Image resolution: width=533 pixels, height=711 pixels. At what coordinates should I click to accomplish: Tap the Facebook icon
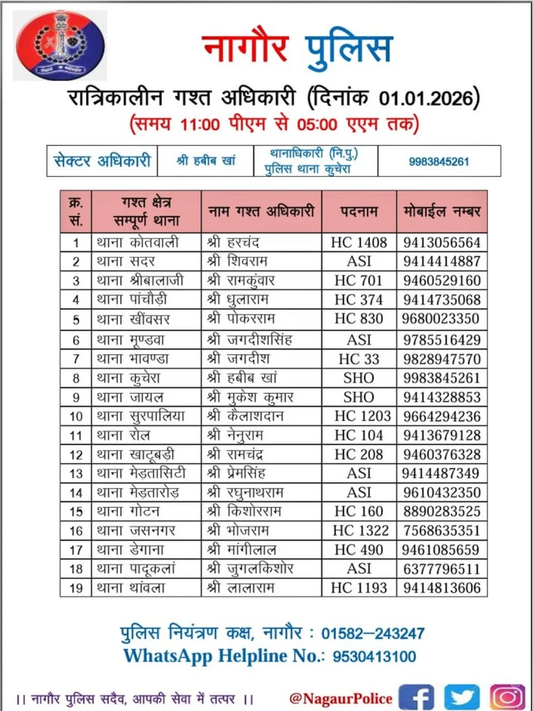(x=416, y=698)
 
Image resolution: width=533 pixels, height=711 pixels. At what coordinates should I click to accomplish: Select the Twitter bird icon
(x=461, y=698)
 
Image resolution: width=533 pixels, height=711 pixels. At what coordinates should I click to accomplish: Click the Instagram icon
(x=507, y=697)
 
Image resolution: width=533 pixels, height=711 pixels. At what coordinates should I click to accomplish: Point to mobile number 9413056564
(x=442, y=242)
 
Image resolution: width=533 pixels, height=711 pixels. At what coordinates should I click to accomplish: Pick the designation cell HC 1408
(x=359, y=242)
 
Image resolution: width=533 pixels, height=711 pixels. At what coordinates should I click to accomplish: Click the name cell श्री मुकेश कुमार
(x=250, y=397)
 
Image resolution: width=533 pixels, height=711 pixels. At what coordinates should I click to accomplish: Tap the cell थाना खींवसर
(x=133, y=319)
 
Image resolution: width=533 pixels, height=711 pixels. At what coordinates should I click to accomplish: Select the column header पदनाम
(x=359, y=211)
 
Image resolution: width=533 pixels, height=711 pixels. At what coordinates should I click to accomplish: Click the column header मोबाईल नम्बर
(x=442, y=211)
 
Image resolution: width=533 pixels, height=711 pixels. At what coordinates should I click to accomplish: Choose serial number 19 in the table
(x=76, y=588)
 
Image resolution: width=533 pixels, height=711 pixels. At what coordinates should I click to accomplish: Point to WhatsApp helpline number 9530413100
(x=374, y=656)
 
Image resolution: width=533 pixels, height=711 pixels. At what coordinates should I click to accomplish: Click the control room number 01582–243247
(x=373, y=633)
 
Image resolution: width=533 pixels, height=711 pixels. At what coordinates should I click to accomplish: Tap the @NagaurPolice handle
(x=341, y=698)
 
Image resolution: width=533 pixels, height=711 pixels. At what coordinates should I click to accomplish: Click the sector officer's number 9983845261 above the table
(x=439, y=161)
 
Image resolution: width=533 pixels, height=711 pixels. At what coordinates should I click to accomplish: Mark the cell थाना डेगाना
(x=130, y=550)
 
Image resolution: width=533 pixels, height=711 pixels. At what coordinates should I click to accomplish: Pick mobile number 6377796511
(x=442, y=569)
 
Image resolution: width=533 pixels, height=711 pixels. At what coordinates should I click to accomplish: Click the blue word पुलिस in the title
(x=348, y=48)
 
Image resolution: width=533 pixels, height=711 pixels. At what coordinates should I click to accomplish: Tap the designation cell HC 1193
(x=359, y=588)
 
